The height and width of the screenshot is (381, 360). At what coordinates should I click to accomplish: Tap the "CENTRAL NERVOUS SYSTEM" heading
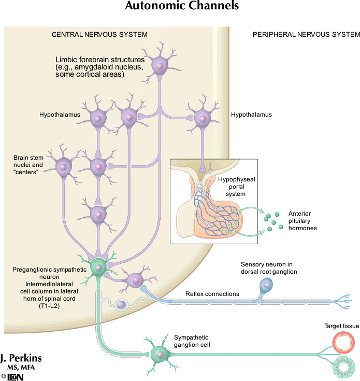pos(99,35)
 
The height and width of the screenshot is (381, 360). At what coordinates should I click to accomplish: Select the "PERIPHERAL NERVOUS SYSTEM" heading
pos(306,35)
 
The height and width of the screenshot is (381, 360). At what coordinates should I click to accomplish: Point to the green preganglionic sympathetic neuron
pos(98,266)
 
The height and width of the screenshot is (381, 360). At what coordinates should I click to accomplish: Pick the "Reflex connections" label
pos(212,294)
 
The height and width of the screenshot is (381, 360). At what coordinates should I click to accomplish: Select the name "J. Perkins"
pos(21,359)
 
